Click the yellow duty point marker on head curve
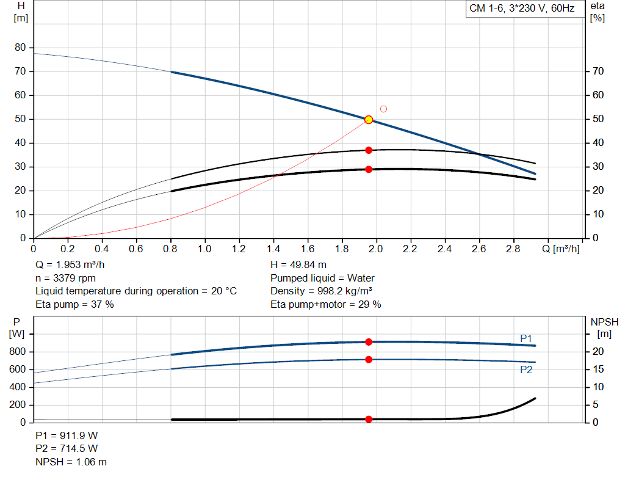tap(369, 120)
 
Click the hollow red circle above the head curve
tap(383, 109)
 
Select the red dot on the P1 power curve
tap(369, 342)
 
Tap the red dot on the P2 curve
tap(369, 360)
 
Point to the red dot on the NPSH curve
tap(369, 419)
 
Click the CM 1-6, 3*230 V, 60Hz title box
tap(522, 9)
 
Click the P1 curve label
tap(526, 338)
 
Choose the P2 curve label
tap(526, 370)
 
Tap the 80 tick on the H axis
tap(20, 48)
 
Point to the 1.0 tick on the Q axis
tap(205, 249)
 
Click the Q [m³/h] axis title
tap(561, 249)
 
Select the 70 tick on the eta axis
tap(598, 71)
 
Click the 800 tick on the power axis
tap(17, 352)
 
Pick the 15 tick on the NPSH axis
tap(598, 370)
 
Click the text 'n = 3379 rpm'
tap(66, 278)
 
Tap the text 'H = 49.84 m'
tap(298, 265)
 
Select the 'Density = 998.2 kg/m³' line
tap(321, 291)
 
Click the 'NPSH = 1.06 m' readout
tap(71, 462)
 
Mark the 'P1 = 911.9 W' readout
tap(67, 435)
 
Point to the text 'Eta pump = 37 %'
tap(74, 305)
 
